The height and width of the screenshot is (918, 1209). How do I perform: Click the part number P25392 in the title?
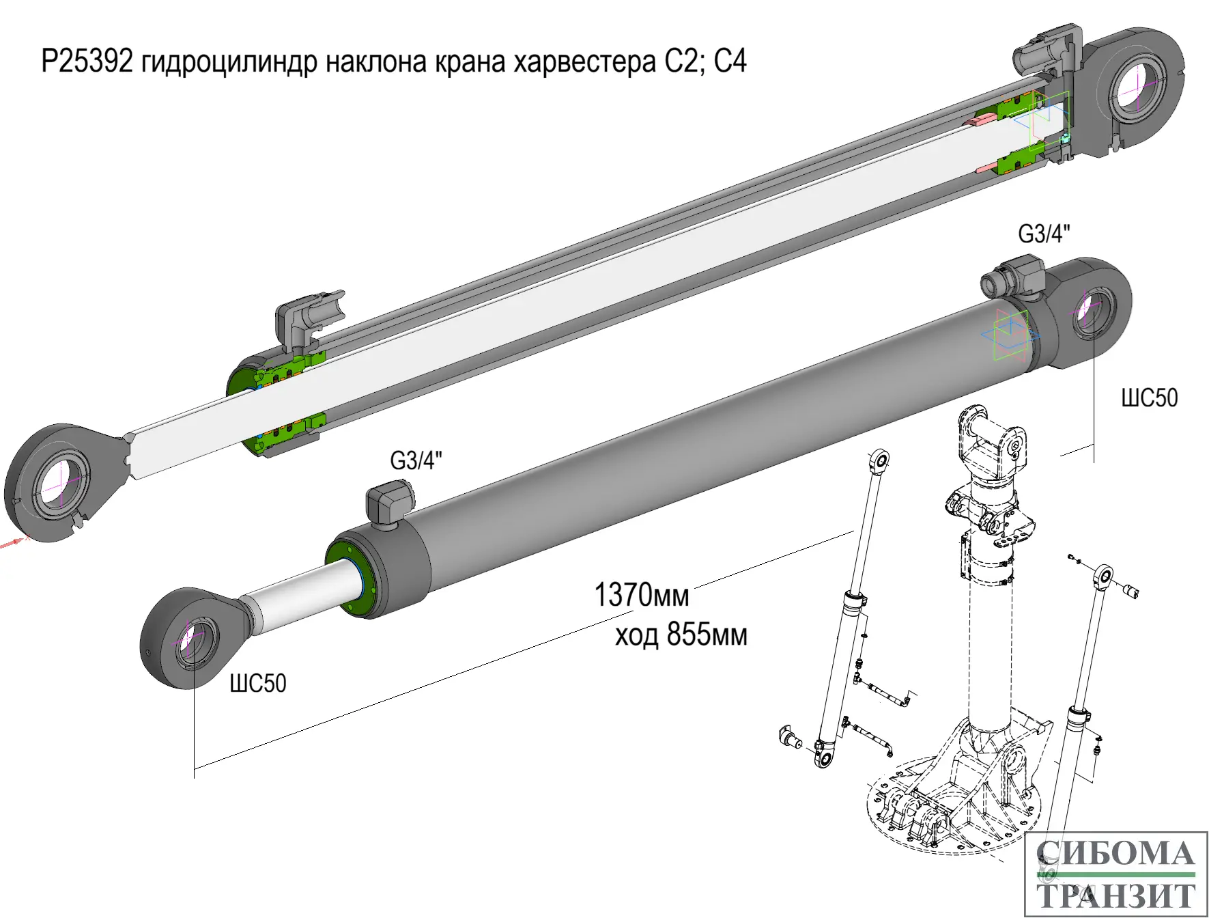pyautogui.click(x=87, y=61)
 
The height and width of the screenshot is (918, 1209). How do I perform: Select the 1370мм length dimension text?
pyautogui.click(x=641, y=595)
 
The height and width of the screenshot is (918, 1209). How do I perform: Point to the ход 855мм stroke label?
pyautogui.click(x=681, y=635)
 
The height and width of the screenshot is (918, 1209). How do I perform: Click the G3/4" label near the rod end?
pyautogui.click(x=416, y=460)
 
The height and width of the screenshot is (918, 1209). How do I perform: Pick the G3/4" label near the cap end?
pyautogui.click(x=1044, y=234)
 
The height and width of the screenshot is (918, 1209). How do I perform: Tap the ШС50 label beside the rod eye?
pyautogui.click(x=257, y=683)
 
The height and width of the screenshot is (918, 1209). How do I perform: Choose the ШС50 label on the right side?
pyautogui.click(x=1150, y=398)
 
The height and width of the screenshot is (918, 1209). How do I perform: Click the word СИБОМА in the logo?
pyautogui.click(x=1115, y=854)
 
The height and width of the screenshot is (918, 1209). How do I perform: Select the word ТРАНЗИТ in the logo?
pyautogui.click(x=1115, y=895)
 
